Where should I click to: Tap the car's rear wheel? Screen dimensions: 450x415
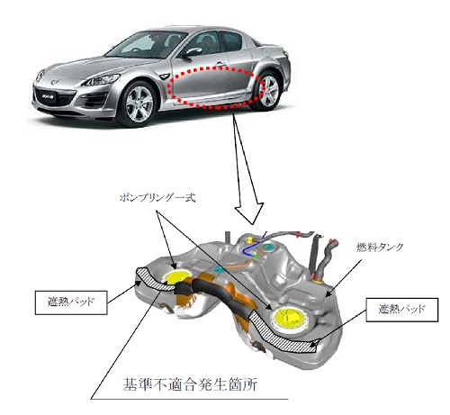(267, 91)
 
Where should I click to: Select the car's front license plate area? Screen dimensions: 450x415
(47, 97)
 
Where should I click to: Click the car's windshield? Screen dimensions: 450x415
(143, 45)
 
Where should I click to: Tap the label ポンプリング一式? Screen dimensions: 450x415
(157, 198)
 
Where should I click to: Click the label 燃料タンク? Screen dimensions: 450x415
(380, 247)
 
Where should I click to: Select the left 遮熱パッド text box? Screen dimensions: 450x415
(71, 302)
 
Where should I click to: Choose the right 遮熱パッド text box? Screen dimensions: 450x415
(402, 310)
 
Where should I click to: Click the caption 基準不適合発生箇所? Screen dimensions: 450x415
(190, 384)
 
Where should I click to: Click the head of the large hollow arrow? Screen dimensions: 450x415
(249, 212)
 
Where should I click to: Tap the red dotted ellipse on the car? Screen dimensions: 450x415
(169, 87)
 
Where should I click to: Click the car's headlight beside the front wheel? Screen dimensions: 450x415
(102, 80)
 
